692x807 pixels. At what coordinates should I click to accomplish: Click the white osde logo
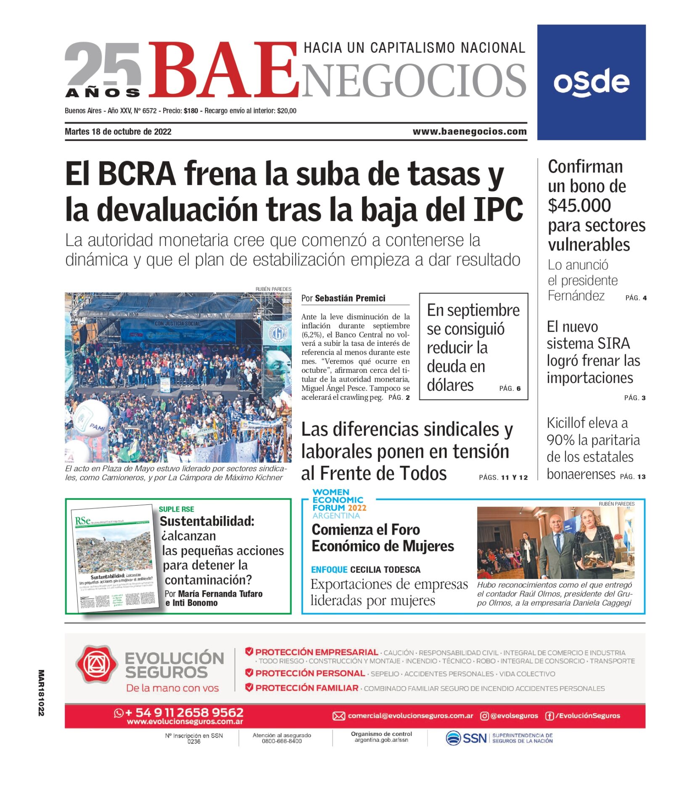point(591,82)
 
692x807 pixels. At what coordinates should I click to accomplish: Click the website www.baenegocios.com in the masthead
point(469,132)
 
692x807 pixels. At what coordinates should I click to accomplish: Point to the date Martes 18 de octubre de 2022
point(118,132)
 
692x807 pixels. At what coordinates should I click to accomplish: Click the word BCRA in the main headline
point(137,174)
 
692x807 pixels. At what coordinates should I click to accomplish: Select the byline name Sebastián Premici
point(350,298)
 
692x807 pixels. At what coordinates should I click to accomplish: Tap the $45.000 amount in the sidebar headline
point(579,206)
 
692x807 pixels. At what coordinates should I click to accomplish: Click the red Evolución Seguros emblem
point(97,664)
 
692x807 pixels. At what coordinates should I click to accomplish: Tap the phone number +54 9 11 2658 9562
point(184,712)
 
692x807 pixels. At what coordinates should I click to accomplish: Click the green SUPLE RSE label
point(176,509)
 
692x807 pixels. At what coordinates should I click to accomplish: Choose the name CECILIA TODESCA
point(385,570)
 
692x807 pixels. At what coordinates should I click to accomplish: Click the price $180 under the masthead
point(191,111)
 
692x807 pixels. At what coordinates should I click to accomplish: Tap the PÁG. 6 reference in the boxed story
point(510,388)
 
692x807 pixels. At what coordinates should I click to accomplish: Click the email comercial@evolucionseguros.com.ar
point(410,716)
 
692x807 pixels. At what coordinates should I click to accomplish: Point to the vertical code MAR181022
point(41,693)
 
